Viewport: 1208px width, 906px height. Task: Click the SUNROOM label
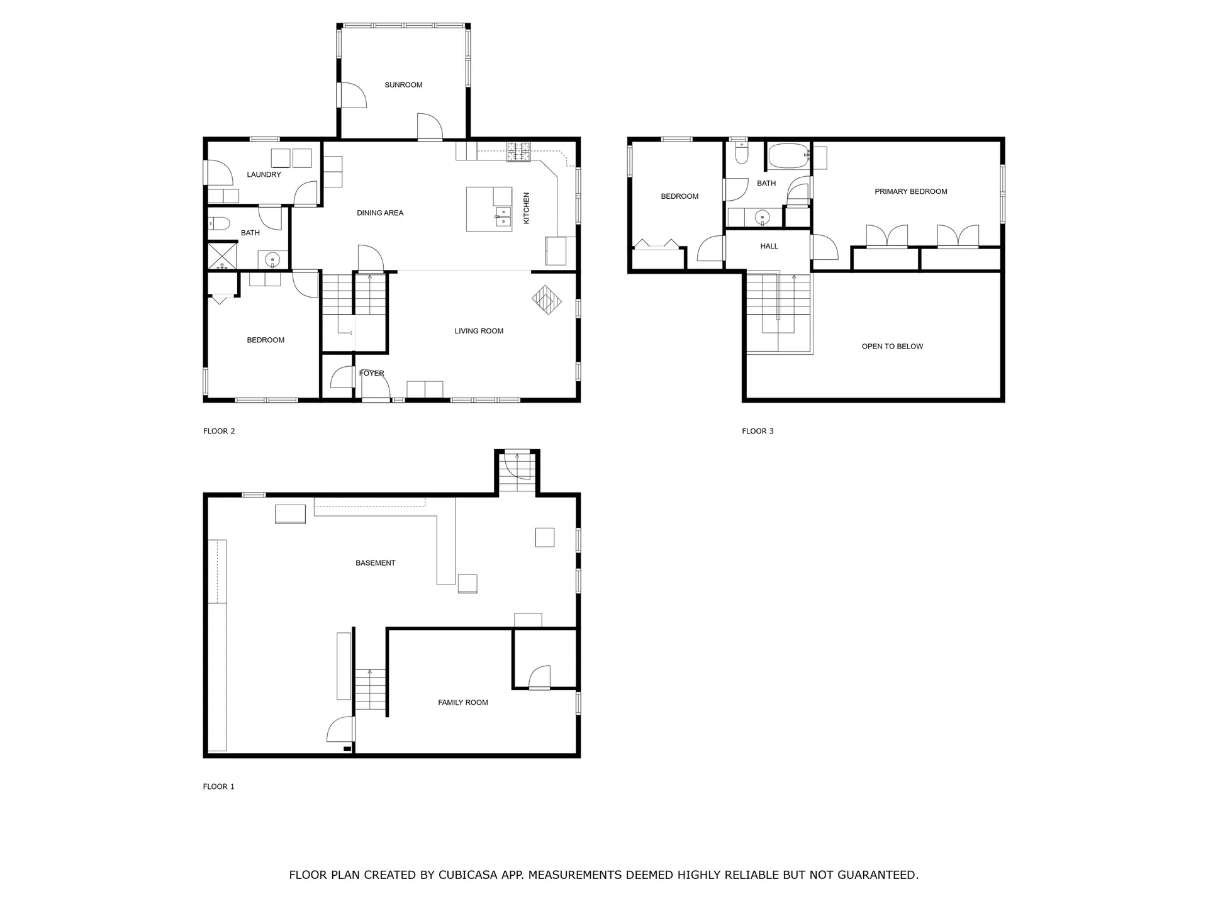coord(403,85)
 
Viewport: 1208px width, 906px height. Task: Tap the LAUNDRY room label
coord(264,175)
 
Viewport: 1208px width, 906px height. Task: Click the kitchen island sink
coord(503,216)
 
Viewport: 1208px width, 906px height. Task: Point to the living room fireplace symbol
coord(547,299)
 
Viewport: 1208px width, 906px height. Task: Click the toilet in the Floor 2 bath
coord(219,223)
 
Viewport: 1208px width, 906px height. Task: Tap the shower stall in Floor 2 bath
coord(223,257)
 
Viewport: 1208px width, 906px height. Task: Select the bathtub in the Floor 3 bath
coord(788,155)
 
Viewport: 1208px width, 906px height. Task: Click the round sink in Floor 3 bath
coord(762,218)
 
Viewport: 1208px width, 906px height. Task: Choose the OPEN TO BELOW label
coord(892,347)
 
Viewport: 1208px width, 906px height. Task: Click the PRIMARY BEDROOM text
coord(910,192)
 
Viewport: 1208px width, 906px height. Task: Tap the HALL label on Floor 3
coord(769,247)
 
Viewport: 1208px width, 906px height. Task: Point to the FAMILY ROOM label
coord(462,703)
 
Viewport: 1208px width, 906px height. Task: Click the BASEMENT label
coord(375,563)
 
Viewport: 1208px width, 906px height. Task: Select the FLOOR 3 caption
coord(758,432)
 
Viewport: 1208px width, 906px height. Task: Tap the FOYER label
coord(371,374)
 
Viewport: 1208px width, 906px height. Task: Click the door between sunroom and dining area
coord(430,128)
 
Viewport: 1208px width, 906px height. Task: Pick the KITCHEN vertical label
coord(527,208)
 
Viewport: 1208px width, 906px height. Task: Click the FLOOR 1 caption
coord(218,787)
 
